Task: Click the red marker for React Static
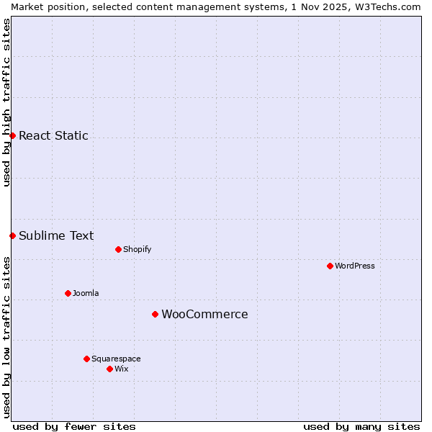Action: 12,135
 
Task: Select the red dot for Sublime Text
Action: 12,235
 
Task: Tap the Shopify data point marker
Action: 118,249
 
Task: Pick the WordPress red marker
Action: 330,266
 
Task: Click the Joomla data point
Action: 68,293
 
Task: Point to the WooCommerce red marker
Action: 155,314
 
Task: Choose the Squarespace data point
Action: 86,359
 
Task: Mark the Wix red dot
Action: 109,369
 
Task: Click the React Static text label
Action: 53,135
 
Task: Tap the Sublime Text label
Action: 56,235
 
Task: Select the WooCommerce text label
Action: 204,314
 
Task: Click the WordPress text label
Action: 355,266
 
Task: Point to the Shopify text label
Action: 137,249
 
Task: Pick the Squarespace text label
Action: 116,359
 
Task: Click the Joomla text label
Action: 86,293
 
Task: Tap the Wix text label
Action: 121,369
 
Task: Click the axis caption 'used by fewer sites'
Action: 74,426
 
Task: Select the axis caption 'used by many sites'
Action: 361,426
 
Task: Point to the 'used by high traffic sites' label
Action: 6,102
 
